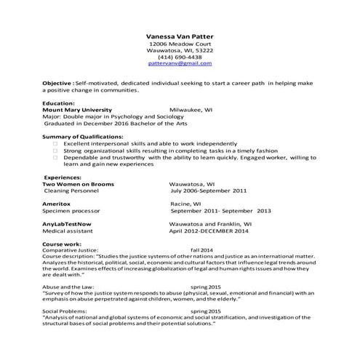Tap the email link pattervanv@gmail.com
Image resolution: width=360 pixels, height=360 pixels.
180,63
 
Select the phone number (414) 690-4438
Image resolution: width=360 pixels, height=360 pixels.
180,57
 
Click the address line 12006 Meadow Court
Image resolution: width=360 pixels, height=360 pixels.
180,44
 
